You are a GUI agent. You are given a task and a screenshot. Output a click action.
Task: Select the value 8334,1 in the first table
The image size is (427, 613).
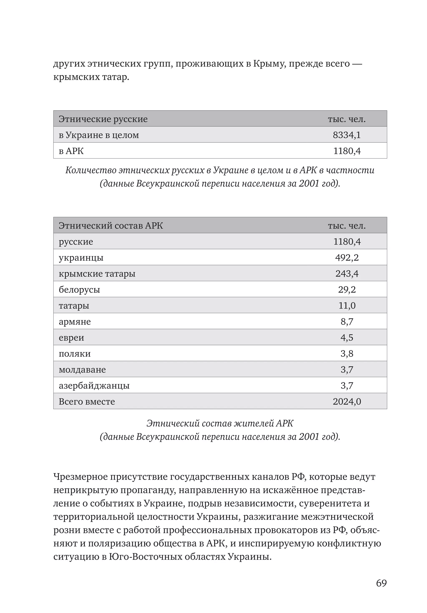point(347,135)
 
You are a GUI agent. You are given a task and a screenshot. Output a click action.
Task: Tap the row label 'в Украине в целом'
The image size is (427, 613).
point(99,135)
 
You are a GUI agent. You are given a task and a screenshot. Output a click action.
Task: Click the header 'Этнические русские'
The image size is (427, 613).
point(103,119)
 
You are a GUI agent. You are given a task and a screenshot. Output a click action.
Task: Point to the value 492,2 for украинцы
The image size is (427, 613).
point(347,257)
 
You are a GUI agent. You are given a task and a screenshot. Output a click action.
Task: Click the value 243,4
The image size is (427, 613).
point(347,273)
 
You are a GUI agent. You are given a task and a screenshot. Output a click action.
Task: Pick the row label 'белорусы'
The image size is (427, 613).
point(79,289)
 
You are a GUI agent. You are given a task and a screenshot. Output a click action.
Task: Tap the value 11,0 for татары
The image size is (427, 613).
point(347,305)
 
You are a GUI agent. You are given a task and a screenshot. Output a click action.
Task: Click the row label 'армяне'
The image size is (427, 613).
point(75,321)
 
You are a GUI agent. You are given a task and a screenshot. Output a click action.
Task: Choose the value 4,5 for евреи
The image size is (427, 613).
point(347,338)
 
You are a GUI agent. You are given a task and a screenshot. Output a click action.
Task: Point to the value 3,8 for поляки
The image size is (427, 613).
point(347,354)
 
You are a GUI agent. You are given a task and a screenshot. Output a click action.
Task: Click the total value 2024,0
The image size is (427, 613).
point(347,401)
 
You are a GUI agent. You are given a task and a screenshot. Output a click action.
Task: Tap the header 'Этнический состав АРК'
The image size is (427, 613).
point(111,226)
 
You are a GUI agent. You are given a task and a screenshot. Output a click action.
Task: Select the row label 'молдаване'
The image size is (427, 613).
point(82,370)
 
